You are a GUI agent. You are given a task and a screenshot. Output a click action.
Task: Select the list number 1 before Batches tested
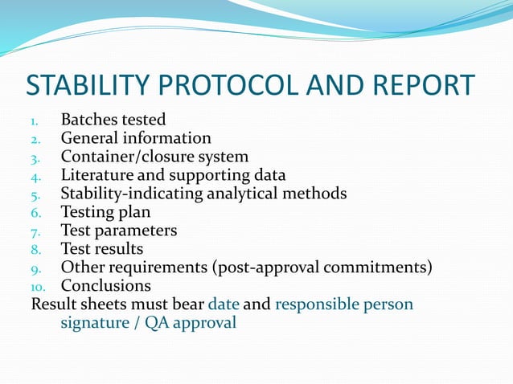tap(35, 121)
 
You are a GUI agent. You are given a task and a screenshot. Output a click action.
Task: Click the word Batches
tap(89, 120)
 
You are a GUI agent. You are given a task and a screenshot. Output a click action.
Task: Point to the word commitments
tap(373, 268)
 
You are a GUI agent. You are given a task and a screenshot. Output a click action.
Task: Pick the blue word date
tap(224, 304)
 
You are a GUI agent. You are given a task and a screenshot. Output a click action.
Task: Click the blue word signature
tap(95, 323)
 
